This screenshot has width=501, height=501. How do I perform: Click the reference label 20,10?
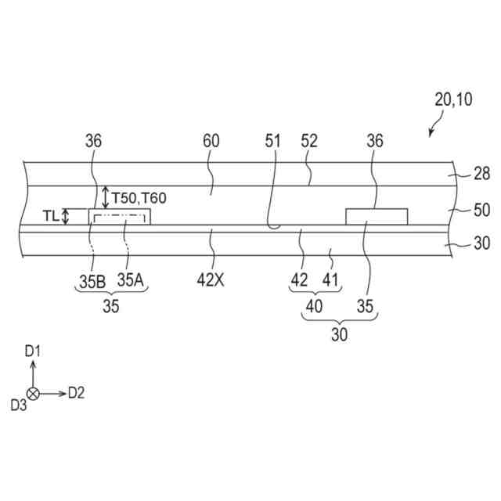pos(453,99)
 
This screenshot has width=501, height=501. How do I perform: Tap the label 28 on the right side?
pos(482,174)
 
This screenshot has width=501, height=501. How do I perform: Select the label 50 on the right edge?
pos(482,211)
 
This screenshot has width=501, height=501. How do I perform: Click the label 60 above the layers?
pos(211,141)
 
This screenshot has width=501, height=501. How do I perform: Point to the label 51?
pos(272,141)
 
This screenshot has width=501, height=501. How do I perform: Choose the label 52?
pos(309,141)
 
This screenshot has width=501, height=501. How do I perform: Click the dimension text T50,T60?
pos(139,198)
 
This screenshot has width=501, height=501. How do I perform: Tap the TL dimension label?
pos(51,216)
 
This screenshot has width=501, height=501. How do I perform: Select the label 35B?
pos(92,282)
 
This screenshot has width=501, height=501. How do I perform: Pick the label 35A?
pos(131,280)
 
